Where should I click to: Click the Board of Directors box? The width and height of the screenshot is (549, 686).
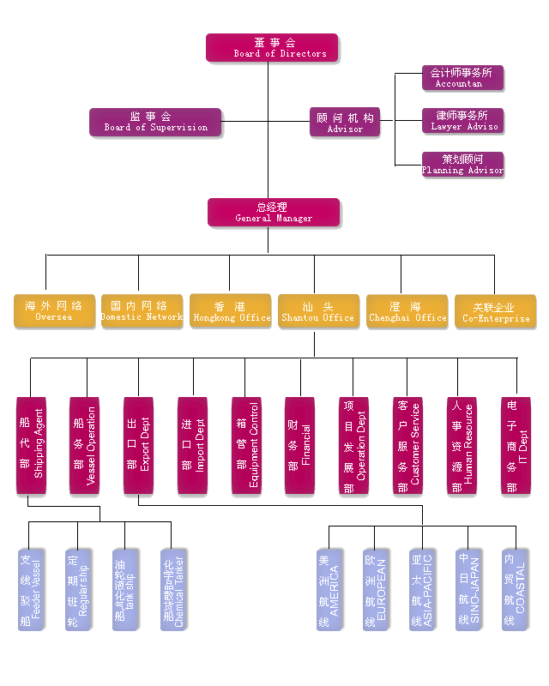pos(272,48)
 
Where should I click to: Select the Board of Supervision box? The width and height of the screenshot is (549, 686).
pos(155,122)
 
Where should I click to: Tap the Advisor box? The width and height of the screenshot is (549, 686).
pos(345,123)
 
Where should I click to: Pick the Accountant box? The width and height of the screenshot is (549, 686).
pos(462,78)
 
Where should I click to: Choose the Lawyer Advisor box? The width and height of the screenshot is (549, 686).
pos(462,121)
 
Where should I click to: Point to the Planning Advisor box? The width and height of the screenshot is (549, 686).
pos(462,165)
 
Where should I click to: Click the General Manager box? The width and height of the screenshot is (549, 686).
pos(274,213)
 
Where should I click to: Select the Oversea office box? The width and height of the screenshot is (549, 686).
pos(54,311)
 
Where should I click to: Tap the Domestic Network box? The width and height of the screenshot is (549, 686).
pos(142,311)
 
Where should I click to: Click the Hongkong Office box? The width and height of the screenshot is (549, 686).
pos(231,311)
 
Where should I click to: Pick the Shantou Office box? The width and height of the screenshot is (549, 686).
pos(318,311)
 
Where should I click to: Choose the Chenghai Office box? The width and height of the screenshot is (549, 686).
pos(407,311)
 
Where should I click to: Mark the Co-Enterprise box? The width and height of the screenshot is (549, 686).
pos(495,311)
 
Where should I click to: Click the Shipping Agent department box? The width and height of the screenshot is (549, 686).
pos(32,445)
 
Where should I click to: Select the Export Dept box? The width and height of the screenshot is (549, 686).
pos(138,445)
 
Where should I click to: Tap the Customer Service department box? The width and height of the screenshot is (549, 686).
pos(407,445)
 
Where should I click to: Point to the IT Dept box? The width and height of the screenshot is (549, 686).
pos(516,445)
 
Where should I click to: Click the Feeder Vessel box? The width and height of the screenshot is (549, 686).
pos(31,590)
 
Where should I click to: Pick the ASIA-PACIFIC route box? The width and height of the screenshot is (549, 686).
pos(422,590)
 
